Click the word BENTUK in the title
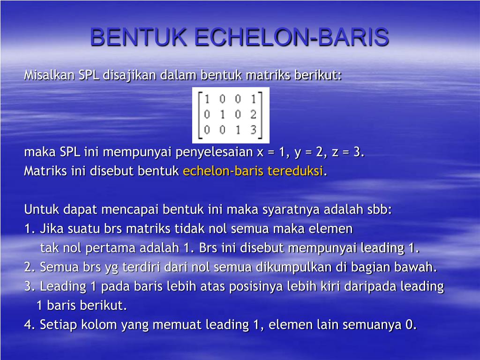click(138, 37)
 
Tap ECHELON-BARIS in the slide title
click(292, 37)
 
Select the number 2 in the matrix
click(253, 114)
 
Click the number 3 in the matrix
click(253, 130)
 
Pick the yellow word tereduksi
click(295, 171)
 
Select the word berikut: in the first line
click(318, 75)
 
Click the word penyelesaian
click(214, 152)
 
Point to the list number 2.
click(30, 267)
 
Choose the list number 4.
click(30, 324)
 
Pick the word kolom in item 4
click(99, 324)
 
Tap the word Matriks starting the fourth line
click(45, 171)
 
